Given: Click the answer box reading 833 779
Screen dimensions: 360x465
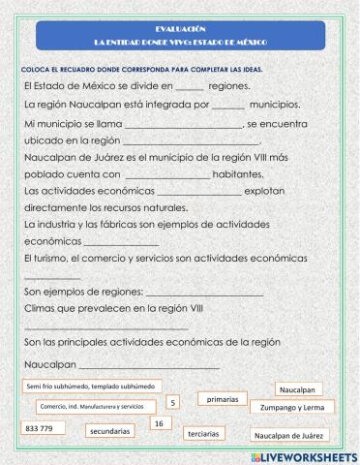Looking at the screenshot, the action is tap(40, 427).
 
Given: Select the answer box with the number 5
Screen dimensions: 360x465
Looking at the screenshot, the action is tap(172, 402).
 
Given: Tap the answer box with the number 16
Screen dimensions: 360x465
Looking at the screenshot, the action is tap(161, 423).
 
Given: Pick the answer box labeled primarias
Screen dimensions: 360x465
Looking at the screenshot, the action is tap(223, 398).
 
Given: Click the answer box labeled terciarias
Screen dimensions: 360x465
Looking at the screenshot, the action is tap(204, 433).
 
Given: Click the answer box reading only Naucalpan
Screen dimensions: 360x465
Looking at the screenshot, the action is tap(298, 389).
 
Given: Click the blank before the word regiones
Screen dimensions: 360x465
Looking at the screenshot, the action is tap(189, 87).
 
